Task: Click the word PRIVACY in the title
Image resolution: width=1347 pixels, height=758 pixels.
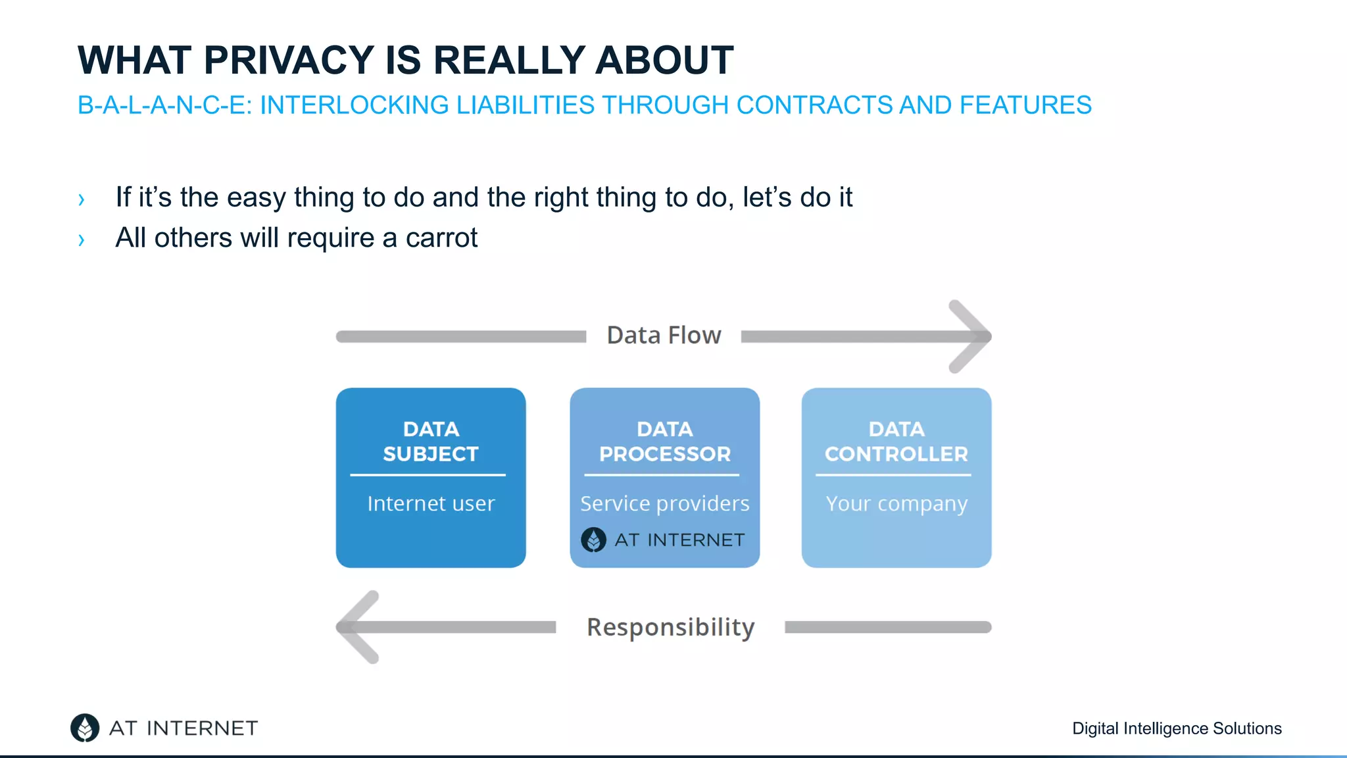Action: (x=289, y=61)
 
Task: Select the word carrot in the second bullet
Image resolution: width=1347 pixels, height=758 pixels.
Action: (x=441, y=238)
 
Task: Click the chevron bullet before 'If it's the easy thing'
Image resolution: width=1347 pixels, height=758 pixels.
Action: (x=82, y=199)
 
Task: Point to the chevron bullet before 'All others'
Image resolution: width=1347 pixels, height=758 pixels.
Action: (x=82, y=240)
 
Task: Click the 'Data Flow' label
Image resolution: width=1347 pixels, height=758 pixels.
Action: (x=664, y=336)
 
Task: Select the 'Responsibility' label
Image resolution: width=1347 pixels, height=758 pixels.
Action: (x=670, y=627)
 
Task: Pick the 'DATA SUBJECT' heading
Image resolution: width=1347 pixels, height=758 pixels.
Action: (x=431, y=442)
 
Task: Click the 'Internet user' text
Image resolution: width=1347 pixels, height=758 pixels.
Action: (x=431, y=503)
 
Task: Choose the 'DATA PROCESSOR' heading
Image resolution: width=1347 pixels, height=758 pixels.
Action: (x=664, y=442)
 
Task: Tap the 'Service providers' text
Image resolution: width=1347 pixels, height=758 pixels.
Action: (x=664, y=503)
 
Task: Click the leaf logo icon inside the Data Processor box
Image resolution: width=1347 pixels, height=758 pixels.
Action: (x=593, y=540)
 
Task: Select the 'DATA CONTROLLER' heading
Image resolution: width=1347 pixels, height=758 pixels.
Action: (x=896, y=442)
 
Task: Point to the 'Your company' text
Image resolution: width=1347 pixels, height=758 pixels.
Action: (x=896, y=504)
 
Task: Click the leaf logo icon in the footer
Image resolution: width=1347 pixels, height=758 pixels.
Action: (x=85, y=728)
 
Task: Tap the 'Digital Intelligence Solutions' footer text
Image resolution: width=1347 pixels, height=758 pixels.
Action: (x=1177, y=728)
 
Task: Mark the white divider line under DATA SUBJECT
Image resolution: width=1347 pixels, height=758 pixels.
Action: (x=428, y=474)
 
